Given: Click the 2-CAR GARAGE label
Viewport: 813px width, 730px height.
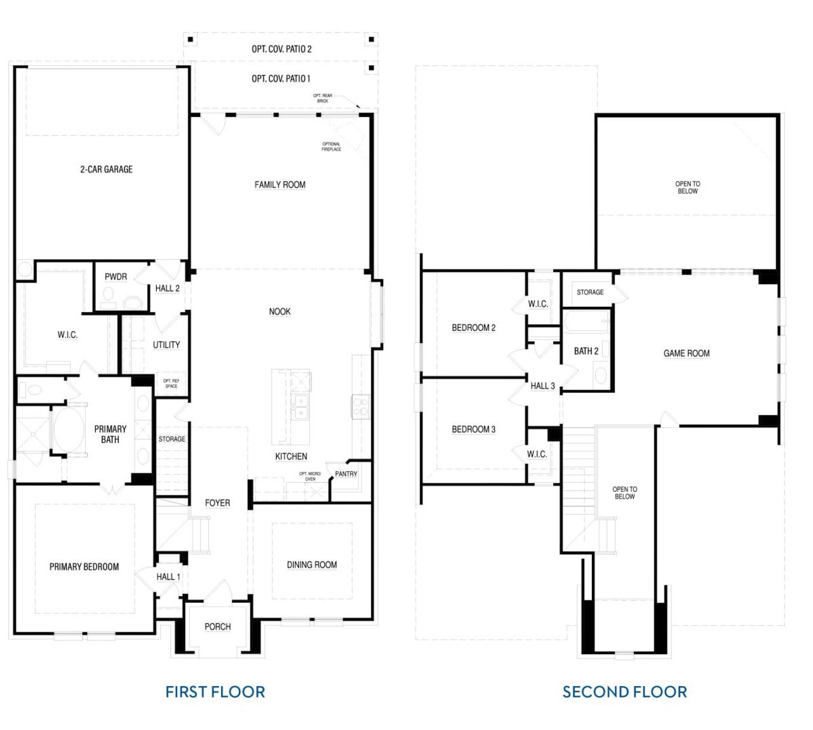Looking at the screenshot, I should (x=106, y=169).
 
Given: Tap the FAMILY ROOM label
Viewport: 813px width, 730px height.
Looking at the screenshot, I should (x=279, y=185).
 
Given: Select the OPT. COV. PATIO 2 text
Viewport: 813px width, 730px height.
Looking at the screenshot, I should (x=281, y=49).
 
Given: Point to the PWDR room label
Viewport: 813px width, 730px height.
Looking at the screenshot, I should (x=116, y=277).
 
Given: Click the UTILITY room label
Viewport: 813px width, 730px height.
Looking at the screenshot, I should (x=166, y=345).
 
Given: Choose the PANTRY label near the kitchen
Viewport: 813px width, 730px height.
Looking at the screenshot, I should (x=346, y=474).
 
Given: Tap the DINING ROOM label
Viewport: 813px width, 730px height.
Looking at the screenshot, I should (x=312, y=565).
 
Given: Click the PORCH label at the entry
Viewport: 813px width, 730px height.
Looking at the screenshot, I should (x=217, y=627).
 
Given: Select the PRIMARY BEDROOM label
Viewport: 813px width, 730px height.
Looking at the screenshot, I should (x=84, y=567).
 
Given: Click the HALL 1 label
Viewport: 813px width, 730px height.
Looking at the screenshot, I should (x=168, y=577).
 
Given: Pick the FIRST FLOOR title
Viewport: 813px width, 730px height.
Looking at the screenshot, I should (x=215, y=692).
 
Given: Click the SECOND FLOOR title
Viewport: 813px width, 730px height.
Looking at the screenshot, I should (x=624, y=692).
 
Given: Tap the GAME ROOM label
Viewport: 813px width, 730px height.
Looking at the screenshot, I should (x=687, y=353).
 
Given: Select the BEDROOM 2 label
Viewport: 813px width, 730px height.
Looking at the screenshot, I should (x=473, y=328).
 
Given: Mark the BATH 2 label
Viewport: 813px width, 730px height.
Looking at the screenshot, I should (x=586, y=351).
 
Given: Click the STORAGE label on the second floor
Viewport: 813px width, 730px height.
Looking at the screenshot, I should (x=590, y=292).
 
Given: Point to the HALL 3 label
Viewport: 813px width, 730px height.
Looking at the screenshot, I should (x=542, y=386).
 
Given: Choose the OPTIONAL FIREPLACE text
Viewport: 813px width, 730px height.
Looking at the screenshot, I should (x=331, y=147).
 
